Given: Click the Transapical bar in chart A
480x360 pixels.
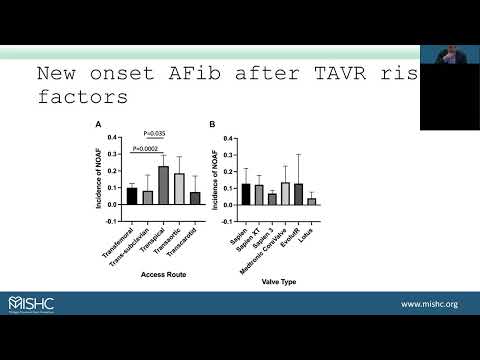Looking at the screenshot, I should (x=163, y=185).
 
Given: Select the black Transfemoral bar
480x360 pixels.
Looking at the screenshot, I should (x=131, y=196).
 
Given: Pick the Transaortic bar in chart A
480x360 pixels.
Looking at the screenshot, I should (x=179, y=189).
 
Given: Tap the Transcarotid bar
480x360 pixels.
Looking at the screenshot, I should (x=195, y=198).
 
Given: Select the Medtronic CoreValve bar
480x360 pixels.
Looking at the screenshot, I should (x=285, y=193).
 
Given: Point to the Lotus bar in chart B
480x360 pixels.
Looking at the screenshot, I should (x=311, y=201).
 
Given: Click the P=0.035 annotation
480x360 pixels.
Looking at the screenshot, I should (x=155, y=132).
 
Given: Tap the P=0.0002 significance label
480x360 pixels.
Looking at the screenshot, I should (x=147, y=149).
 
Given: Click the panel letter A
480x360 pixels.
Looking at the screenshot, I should (x=98, y=124).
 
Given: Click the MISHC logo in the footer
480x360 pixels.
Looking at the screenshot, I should (x=34, y=302).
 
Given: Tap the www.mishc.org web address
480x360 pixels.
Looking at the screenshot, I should (x=430, y=303).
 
